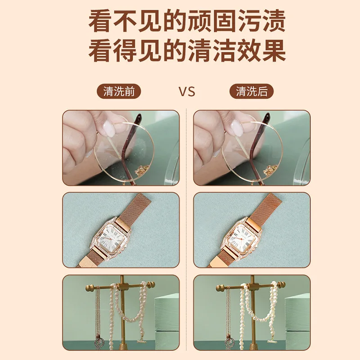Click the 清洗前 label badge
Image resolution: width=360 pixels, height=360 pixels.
118,91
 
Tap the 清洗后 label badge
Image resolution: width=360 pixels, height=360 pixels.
252,91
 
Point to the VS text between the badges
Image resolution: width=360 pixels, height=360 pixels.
187,92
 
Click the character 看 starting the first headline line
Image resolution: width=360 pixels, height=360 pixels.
99,21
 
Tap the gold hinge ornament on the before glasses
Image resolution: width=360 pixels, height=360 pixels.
140,170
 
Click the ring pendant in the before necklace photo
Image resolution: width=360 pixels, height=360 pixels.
99,342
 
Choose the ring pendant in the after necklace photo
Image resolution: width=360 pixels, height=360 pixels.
230,342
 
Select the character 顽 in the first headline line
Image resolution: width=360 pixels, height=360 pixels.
199,21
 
